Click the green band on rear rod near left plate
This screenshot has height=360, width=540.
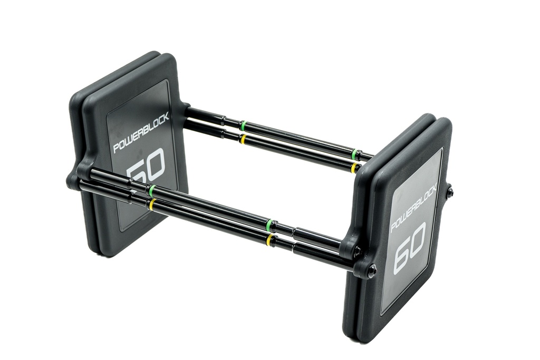243,125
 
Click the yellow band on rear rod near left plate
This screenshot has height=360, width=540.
243,139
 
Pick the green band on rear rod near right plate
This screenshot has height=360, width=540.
354,154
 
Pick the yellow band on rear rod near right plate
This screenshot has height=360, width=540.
354,168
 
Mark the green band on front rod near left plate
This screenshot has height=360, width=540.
152,190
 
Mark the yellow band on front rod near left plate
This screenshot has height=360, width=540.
152,204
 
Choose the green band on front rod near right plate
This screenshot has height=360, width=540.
271,226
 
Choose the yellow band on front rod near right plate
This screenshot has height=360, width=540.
271,240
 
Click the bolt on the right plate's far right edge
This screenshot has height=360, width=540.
449,192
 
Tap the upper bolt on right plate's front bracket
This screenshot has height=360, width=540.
357,252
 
